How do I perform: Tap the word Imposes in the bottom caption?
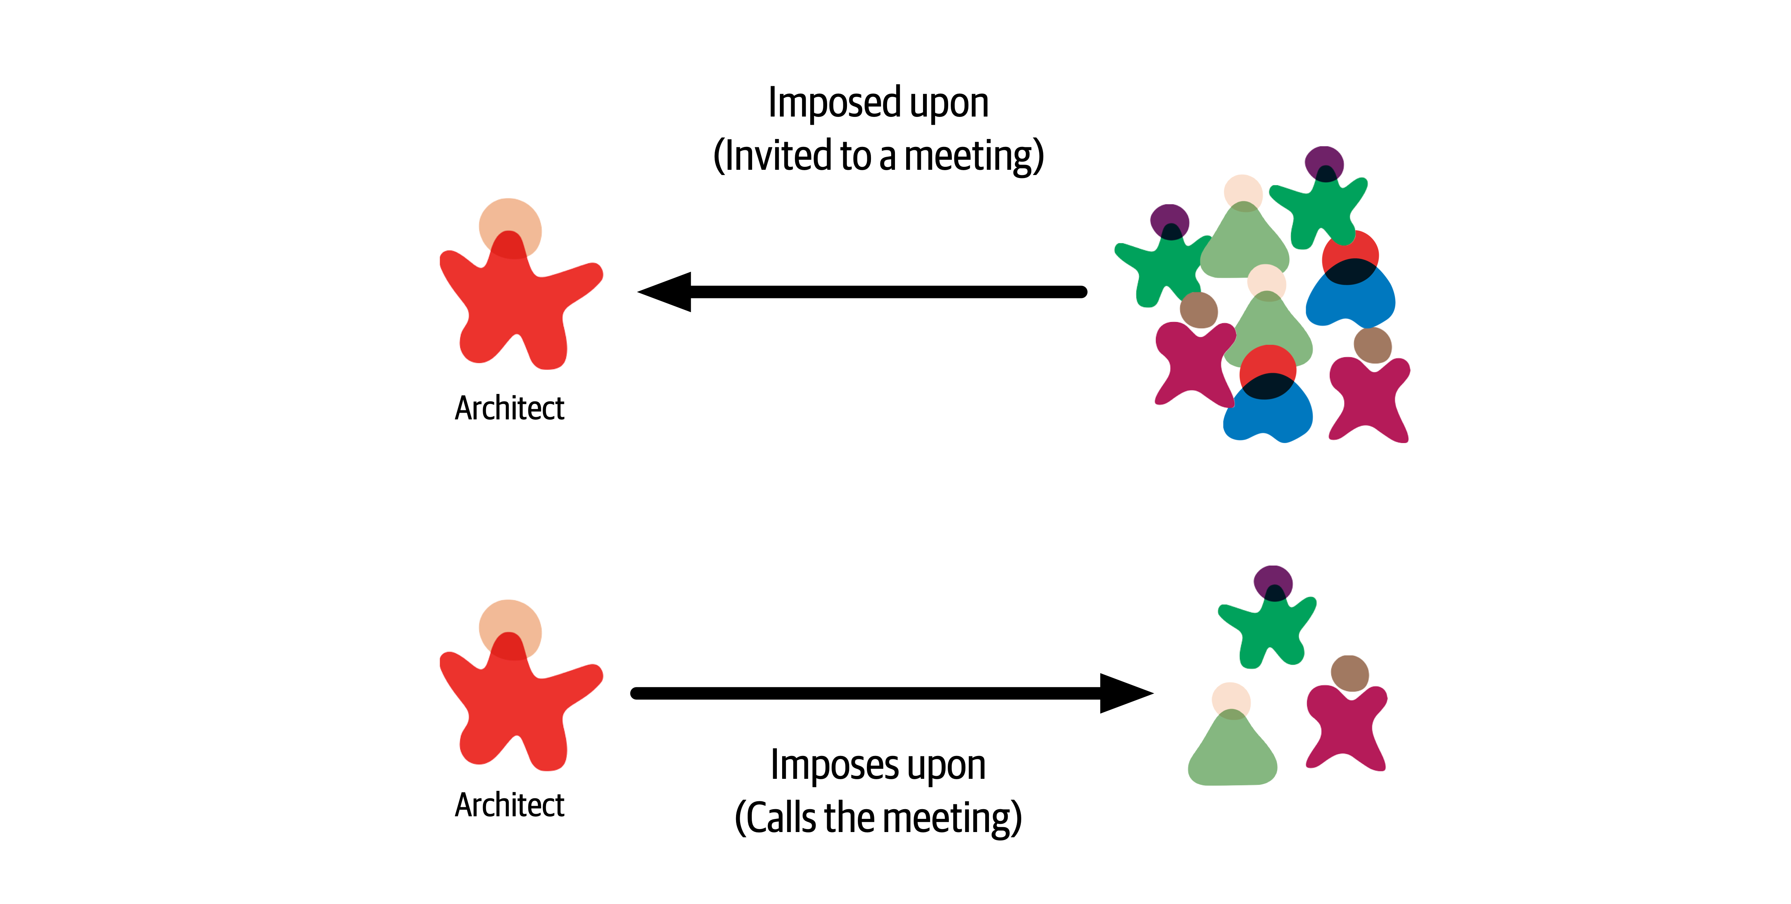[834, 765]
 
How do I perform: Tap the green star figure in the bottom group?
[1269, 629]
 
